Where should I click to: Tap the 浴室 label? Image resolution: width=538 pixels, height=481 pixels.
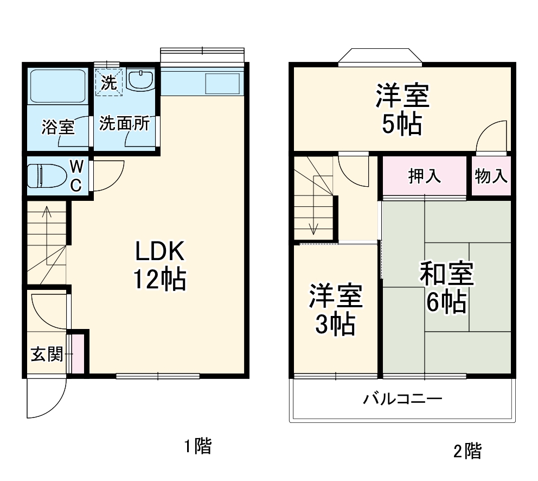[x=58, y=127]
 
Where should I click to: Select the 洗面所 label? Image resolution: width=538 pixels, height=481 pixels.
[x=124, y=124]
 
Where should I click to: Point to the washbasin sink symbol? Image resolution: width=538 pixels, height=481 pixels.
[x=142, y=79]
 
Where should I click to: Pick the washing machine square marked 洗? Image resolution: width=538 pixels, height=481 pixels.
[x=110, y=83]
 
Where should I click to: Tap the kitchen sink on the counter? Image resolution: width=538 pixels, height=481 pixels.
[x=222, y=83]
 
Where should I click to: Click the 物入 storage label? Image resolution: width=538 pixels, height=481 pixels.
[x=491, y=176]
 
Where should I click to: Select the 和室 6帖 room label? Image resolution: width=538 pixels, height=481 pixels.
[x=447, y=288]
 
